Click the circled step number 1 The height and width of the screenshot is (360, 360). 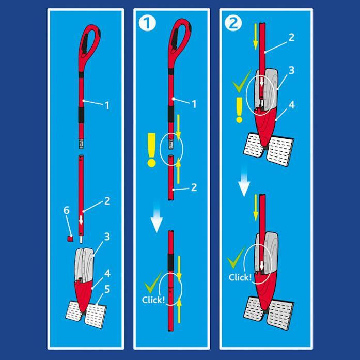coord(147,23)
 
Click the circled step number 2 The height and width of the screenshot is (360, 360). coord(233,23)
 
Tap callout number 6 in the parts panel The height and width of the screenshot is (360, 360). coord(66,210)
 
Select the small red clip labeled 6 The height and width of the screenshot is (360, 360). coord(70,238)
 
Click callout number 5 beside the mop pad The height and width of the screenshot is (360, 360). coord(107,290)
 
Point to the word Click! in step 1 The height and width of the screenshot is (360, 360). coord(153,300)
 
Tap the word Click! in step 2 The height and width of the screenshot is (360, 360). coord(240,277)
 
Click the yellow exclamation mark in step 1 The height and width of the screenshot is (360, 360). coord(151,150)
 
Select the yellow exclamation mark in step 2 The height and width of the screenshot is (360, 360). coord(239,110)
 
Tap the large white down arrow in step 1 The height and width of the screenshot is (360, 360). coord(156,217)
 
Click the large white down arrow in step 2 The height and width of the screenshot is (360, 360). coord(244,181)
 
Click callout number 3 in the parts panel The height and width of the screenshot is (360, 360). coord(107,237)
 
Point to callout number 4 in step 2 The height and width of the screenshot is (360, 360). coord(291,105)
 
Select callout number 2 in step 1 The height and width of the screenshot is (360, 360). coord(194,187)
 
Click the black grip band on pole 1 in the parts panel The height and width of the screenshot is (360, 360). coord(81,115)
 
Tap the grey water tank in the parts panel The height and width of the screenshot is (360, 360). coord(84,264)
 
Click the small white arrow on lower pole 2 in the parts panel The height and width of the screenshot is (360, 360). coord(81,220)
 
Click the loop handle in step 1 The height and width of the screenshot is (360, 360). coord(179,44)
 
